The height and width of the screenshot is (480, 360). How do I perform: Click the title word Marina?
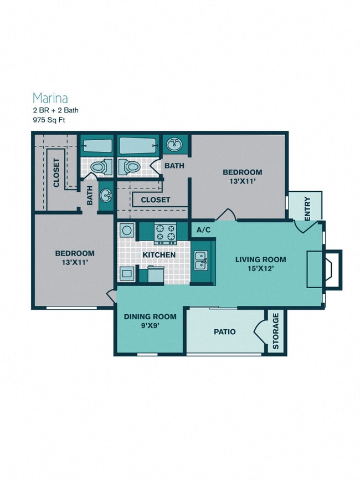tap(50, 98)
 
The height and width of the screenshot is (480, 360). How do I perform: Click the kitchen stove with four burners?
tap(164, 233)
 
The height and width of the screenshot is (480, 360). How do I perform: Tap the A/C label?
tap(202, 229)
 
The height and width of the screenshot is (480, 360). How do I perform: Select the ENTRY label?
tap(308, 207)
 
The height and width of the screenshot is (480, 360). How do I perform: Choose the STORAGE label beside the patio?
tap(275, 331)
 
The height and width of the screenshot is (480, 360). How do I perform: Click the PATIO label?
tap(224, 332)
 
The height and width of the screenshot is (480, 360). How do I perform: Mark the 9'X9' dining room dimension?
tap(150, 326)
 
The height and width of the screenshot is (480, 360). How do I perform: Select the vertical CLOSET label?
tap(56, 173)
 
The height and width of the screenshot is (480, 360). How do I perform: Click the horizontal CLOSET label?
tap(155, 200)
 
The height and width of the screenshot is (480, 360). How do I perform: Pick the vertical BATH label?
tap(89, 195)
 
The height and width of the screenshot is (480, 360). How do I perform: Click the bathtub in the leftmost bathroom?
tap(97, 146)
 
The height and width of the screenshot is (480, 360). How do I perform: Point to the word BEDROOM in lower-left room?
tap(74, 253)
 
